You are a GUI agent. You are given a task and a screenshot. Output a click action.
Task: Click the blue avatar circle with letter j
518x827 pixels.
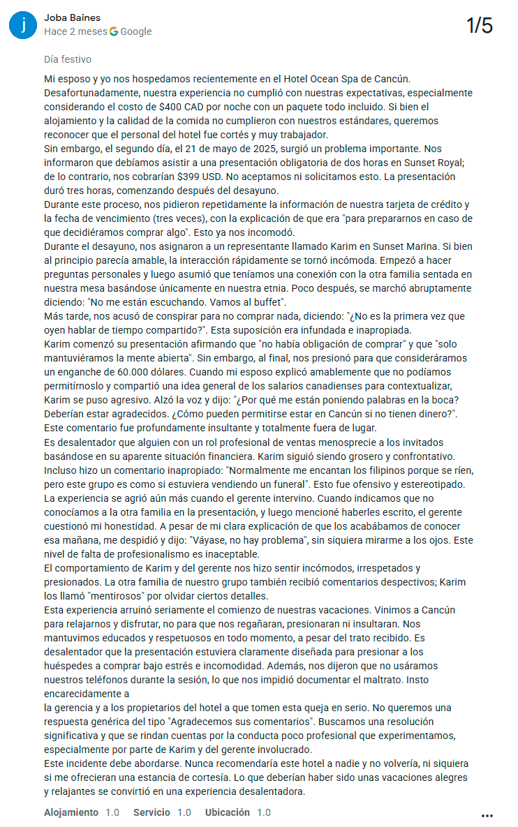pos(24,24)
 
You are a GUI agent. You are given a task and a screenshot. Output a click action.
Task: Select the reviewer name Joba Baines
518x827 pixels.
pos(72,17)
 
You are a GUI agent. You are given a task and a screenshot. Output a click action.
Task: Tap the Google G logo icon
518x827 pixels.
pos(114,31)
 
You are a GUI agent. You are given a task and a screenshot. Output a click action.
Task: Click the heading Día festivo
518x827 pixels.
pos(67,59)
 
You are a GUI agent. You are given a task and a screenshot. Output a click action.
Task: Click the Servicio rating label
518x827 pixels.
pos(151,812)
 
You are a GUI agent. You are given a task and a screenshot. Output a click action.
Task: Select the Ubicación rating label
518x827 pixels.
pos(228,812)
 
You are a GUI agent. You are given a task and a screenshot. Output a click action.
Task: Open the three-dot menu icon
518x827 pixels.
pos(487,815)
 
